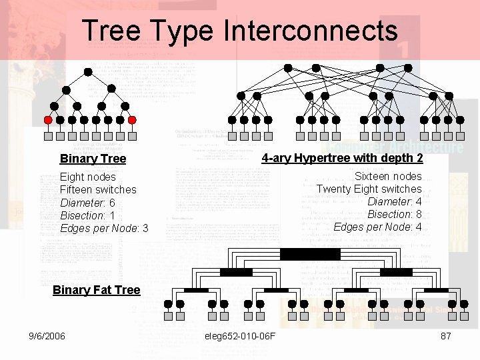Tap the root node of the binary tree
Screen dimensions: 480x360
tap(88, 71)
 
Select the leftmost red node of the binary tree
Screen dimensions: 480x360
tap(48, 120)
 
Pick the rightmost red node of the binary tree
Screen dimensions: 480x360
tap(132, 120)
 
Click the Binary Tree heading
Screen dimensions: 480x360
tap(93, 159)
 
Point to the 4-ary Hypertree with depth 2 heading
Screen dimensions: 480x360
tap(342, 158)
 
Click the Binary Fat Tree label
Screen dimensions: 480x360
tap(96, 290)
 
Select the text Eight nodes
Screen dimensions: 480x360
tap(87, 177)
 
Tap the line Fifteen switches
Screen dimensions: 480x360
tap(98, 189)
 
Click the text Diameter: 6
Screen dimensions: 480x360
tap(87, 203)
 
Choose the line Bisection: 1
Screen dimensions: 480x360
tap(87, 215)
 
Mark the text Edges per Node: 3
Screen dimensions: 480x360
tap(104, 228)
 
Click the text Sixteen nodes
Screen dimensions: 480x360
tap(388, 176)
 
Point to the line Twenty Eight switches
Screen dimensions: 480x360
tap(369, 189)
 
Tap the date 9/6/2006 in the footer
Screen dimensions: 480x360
tap(47, 336)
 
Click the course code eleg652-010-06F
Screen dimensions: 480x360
tap(240, 336)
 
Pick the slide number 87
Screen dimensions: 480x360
tap(446, 336)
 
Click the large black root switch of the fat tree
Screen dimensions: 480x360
tap(309, 254)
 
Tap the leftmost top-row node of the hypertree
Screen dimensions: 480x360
tap(288, 68)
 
